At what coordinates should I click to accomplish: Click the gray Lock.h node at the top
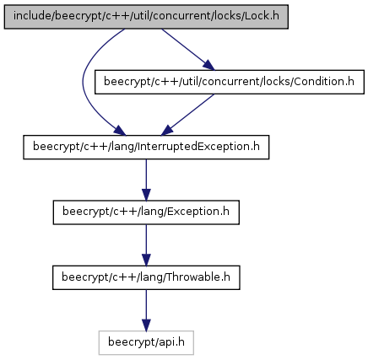[146, 17]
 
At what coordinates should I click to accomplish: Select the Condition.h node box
[230, 82]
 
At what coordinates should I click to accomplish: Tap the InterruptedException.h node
[146, 147]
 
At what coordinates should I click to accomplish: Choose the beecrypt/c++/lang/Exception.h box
[146, 212]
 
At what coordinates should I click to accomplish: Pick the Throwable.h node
[146, 277]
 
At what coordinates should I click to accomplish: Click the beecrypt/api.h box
[146, 342]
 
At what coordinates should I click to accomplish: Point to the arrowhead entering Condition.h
[208, 66]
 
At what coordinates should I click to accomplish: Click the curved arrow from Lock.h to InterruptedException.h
[83, 82]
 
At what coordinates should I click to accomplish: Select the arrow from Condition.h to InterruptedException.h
[188, 115]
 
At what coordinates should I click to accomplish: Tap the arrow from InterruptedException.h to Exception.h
[146, 180]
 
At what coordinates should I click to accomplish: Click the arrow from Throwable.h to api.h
[146, 310]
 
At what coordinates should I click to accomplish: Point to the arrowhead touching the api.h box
[146, 325]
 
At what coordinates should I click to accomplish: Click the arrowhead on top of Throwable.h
[146, 261]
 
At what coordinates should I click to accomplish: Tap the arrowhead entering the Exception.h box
[146, 195]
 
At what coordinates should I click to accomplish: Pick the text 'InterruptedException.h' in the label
[198, 147]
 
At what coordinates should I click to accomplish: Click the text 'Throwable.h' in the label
[198, 277]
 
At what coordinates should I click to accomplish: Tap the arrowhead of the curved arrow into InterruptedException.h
[121, 131]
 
